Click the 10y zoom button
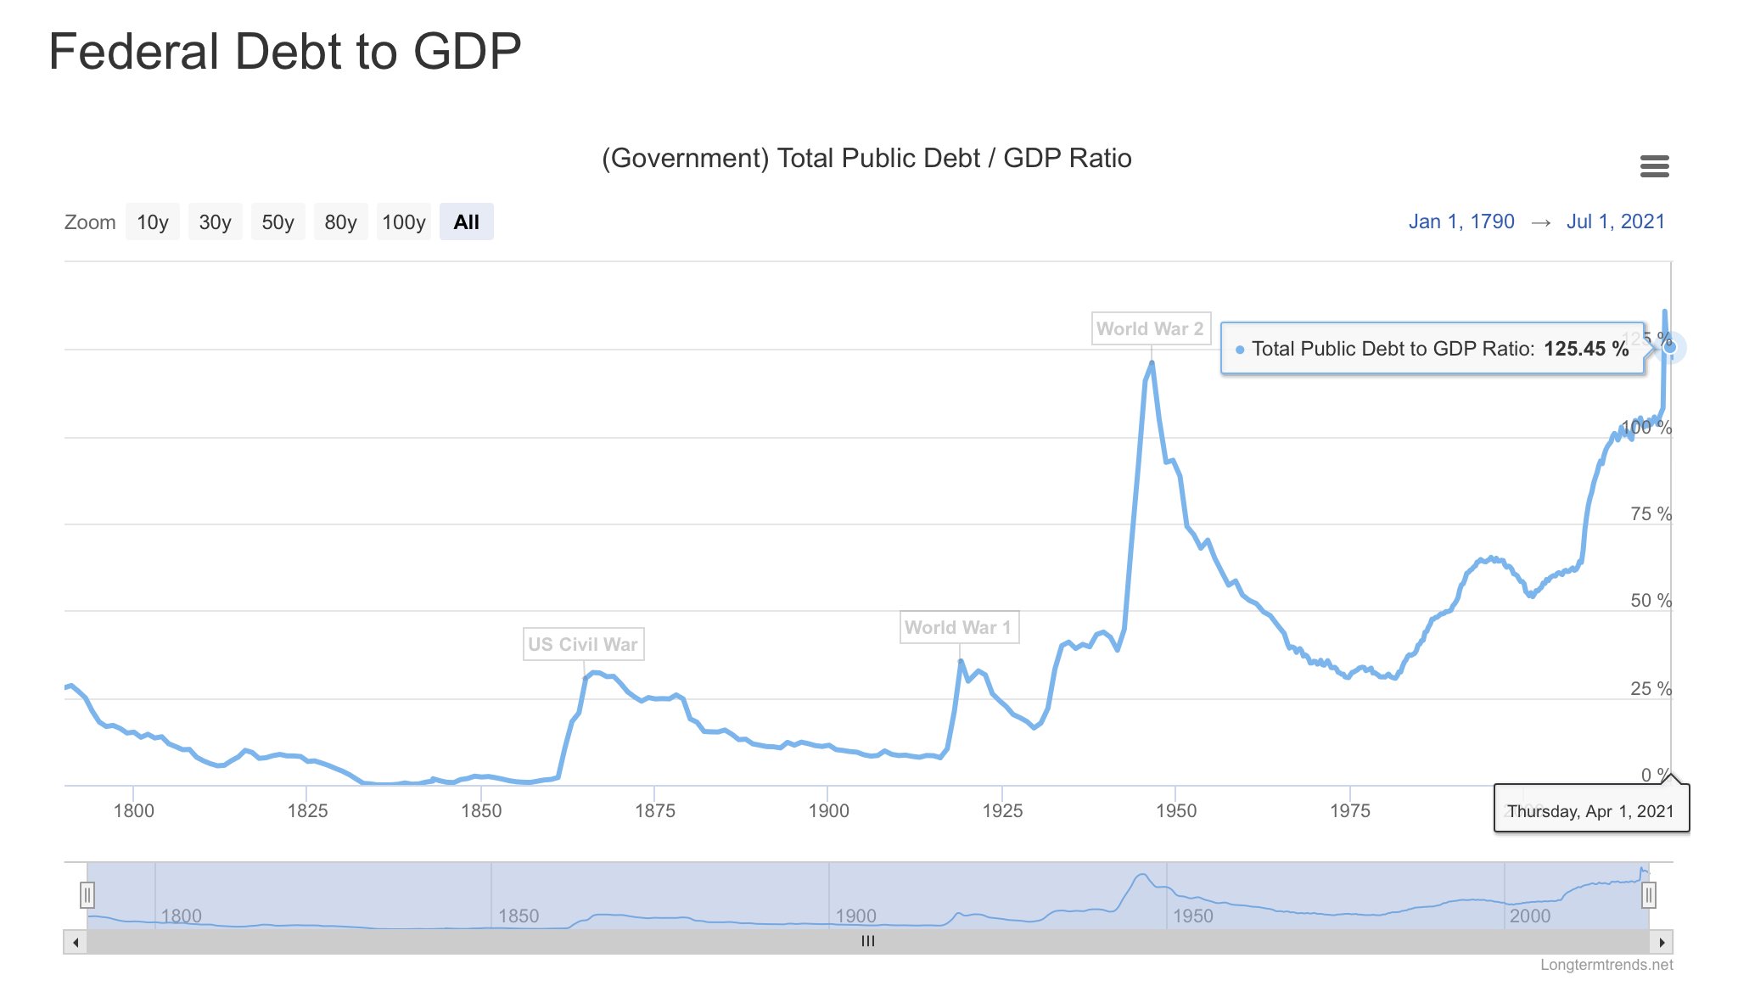(x=153, y=222)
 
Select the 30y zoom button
(x=215, y=222)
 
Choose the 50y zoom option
(x=278, y=222)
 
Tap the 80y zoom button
(x=340, y=222)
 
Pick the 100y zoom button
(x=403, y=222)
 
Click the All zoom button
(x=466, y=222)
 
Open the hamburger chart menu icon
(x=1654, y=166)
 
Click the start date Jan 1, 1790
(x=1461, y=221)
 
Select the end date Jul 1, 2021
(x=1615, y=221)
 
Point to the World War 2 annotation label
(x=1150, y=328)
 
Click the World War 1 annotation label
(x=958, y=627)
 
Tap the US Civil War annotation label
(x=583, y=644)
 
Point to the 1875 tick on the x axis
(x=655, y=810)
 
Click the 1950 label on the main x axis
(x=1176, y=810)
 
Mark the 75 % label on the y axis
(x=1651, y=514)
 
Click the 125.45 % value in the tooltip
(x=1585, y=349)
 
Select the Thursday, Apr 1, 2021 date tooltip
(x=1590, y=811)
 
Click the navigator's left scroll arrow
(x=76, y=942)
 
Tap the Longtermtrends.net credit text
(x=1606, y=965)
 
